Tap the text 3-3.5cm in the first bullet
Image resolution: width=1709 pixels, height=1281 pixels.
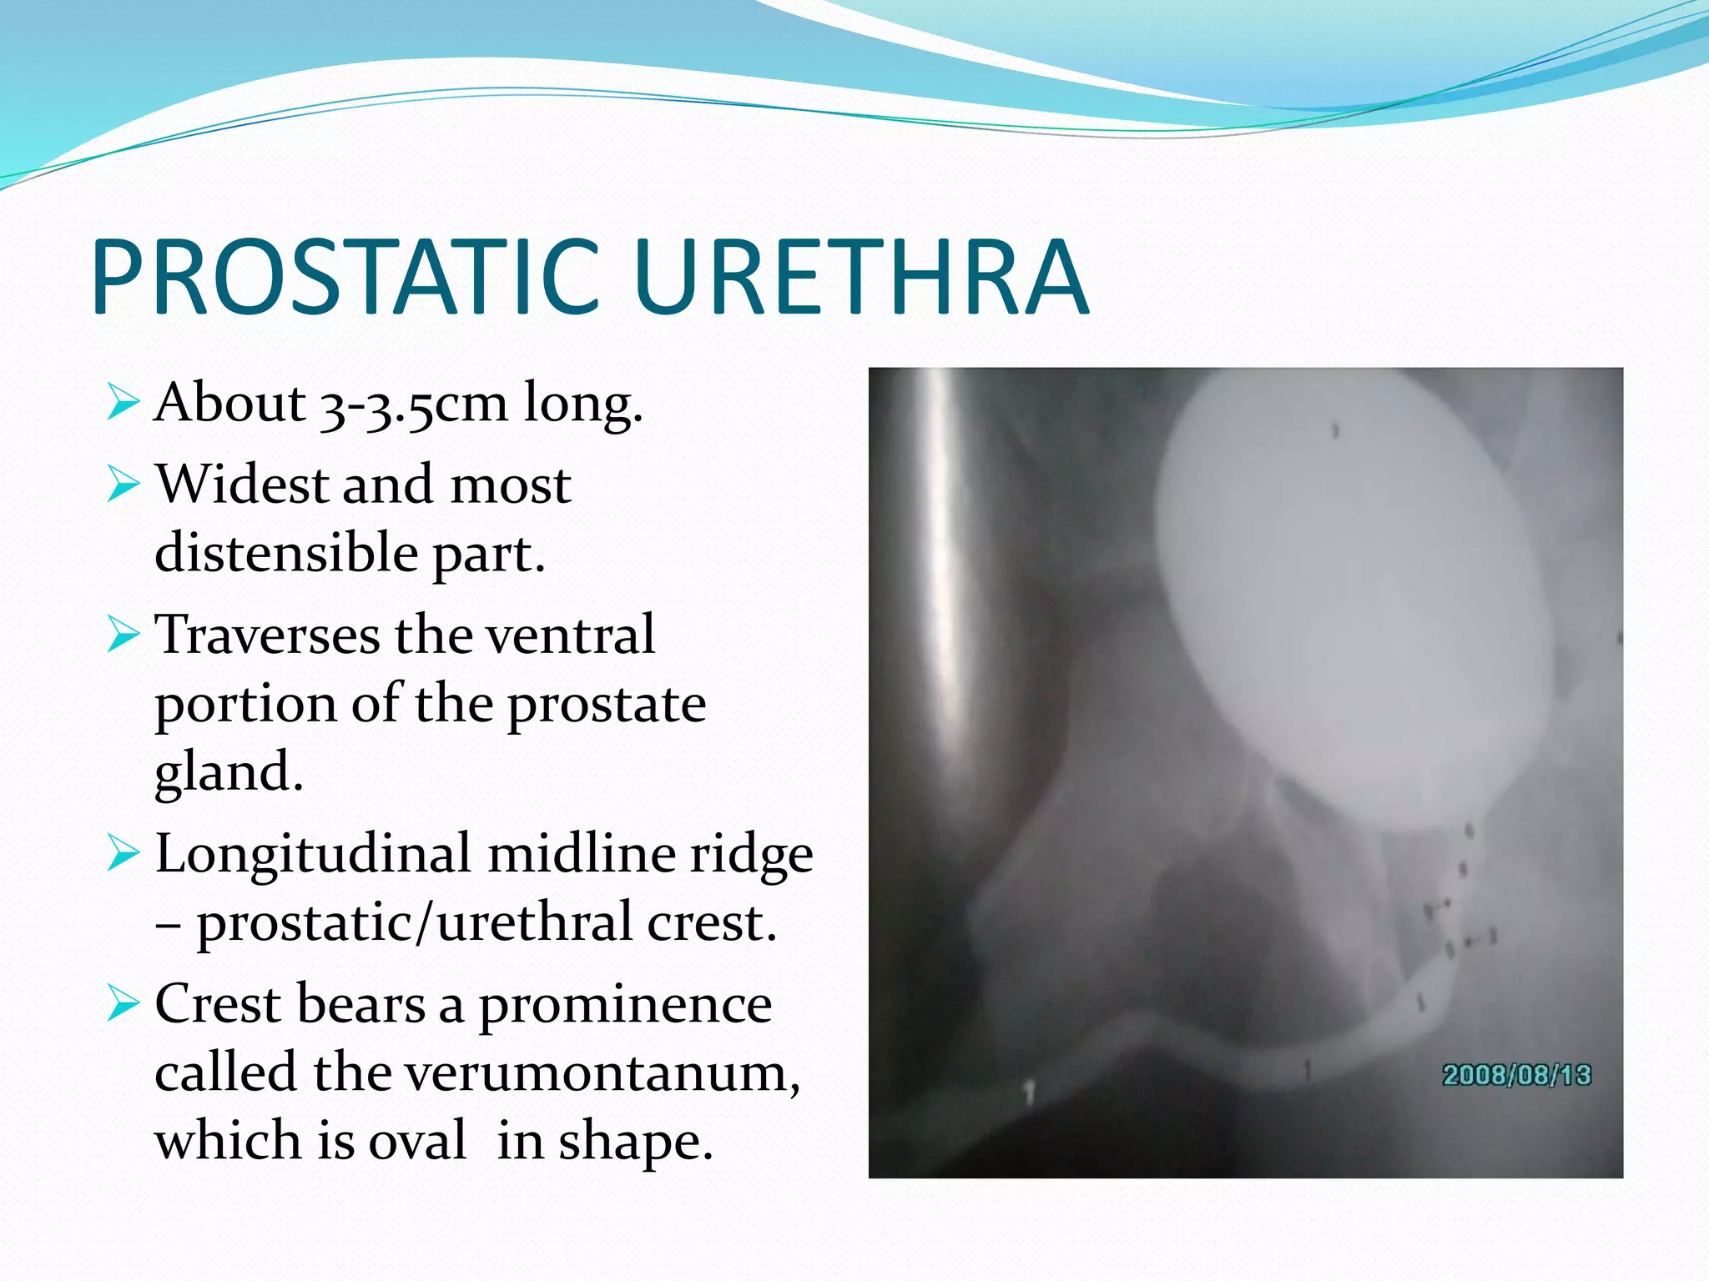click(x=413, y=404)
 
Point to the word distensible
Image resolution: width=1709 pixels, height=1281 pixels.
click(x=286, y=553)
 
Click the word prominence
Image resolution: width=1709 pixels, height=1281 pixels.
click(x=625, y=1004)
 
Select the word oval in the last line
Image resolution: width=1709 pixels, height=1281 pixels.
click(x=417, y=1141)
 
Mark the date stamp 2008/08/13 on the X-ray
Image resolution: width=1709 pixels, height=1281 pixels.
click(x=1516, y=1075)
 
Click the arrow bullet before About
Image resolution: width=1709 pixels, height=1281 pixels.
click(x=123, y=403)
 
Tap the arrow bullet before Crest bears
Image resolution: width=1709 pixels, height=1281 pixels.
click(x=123, y=1004)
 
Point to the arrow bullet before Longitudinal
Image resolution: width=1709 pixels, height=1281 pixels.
click(x=123, y=855)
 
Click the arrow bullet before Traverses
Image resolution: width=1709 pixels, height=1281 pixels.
click(x=123, y=635)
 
